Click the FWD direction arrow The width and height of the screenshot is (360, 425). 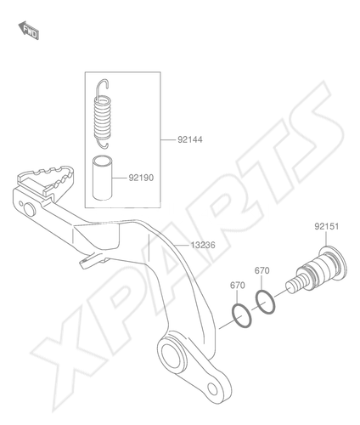29,30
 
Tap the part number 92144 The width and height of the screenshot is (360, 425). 190,139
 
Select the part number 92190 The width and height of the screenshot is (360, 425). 141,178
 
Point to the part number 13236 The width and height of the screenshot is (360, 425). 203,245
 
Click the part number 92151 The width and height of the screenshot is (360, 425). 326,226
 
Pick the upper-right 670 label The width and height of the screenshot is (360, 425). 262,270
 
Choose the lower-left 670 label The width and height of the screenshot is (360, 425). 238,285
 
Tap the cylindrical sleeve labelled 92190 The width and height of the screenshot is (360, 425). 103,178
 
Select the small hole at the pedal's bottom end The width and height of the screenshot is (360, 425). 212,389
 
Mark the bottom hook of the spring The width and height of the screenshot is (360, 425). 103,144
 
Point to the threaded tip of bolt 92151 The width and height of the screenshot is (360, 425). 295,285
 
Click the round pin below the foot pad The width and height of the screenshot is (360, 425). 30,210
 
